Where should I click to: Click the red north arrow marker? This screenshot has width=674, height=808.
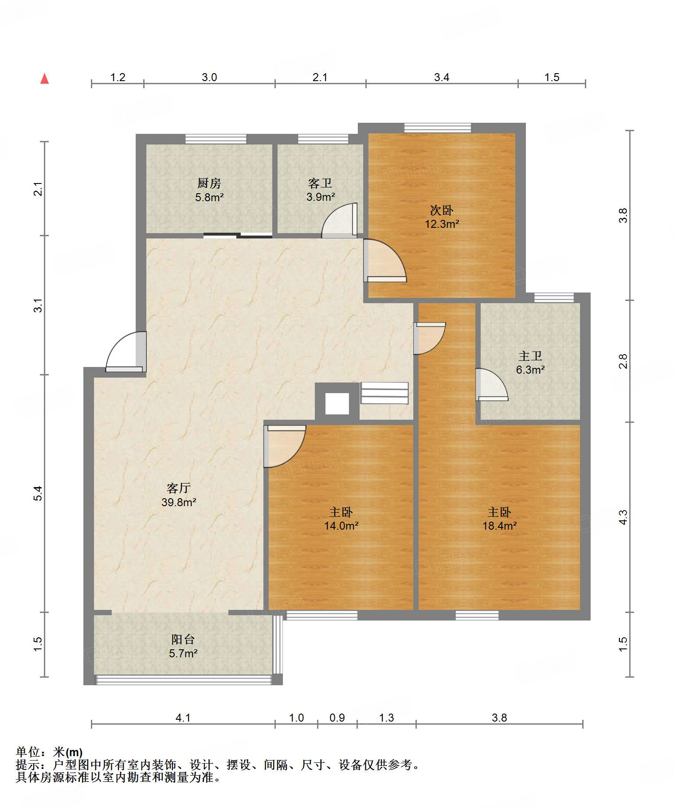click(x=44, y=78)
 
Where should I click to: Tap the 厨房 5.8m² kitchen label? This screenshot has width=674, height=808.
click(x=209, y=190)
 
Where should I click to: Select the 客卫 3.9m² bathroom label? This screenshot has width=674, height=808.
click(x=320, y=190)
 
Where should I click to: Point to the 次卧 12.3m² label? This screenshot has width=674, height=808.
click(x=442, y=217)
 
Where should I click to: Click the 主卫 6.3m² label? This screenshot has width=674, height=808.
click(x=530, y=363)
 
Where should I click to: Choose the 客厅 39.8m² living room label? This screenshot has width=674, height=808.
click(x=179, y=495)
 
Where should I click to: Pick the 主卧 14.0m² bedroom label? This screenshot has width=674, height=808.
click(x=341, y=519)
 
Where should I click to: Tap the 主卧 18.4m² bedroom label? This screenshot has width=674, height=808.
click(x=499, y=519)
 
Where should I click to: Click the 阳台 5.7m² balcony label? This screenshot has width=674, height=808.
click(x=183, y=646)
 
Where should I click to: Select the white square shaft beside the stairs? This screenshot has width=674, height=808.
click(x=337, y=404)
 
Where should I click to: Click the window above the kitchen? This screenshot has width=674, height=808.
click(x=216, y=139)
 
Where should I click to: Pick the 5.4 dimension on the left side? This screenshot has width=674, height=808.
click(x=39, y=493)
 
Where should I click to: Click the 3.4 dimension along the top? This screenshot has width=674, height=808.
click(x=442, y=78)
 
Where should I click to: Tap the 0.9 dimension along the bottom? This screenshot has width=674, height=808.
click(x=337, y=718)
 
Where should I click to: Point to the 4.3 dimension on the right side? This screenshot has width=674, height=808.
click(x=623, y=517)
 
